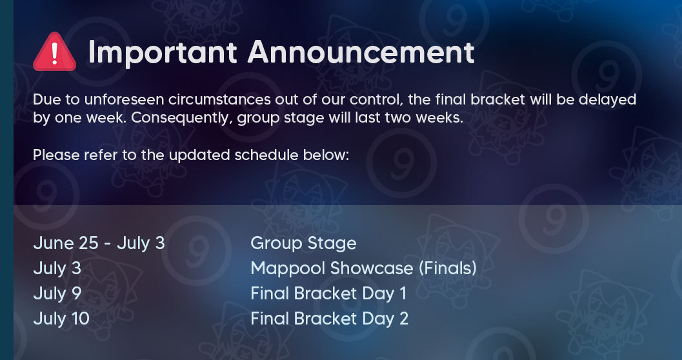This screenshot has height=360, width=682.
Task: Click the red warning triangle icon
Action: click(x=54, y=52)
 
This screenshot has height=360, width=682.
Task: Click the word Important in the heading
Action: click(x=163, y=53)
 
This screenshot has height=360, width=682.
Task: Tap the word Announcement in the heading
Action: click(x=361, y=53)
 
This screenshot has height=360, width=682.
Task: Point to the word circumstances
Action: click(x=219, y=100)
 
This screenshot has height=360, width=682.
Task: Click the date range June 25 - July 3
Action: click(x=99, y=243)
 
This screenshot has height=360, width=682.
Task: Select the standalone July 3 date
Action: click(x=57, y=268)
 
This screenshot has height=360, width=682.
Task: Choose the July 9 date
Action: click(x=57, y=294)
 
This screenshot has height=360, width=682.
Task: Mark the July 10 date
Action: click(x=61, y=319)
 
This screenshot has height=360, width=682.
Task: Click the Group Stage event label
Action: click(x=303, y=243)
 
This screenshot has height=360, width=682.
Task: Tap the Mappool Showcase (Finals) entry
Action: click(x=364, y=268)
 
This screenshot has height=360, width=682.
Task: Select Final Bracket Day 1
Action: click(x=328, y=294)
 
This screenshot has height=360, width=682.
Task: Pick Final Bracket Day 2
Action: click(x=329, y=319)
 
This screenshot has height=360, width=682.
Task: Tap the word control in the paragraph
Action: click(x=376, y=101)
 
